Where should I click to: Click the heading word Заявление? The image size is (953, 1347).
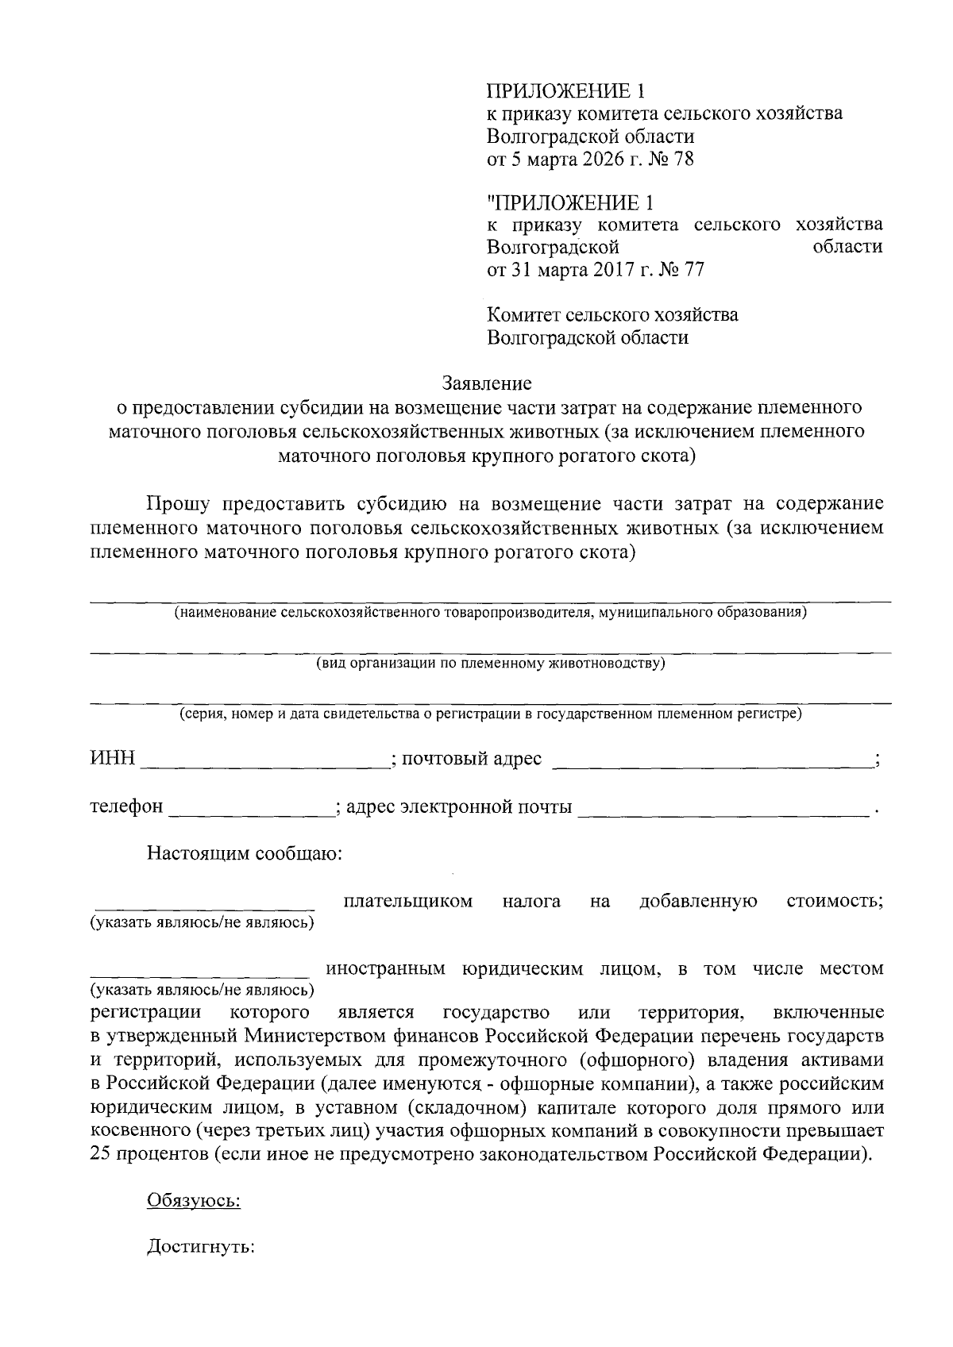[x=486, y=384]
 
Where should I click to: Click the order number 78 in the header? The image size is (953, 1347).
[x=683, y=160]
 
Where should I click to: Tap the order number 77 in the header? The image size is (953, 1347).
[x=693, y=271]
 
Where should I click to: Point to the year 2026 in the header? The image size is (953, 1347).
[x=604, y=160]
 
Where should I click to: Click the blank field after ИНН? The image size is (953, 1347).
[x=265, y=760]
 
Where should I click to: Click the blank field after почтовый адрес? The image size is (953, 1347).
[x=711, y=760]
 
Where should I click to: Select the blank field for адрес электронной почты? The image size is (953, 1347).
[x=722, y=808]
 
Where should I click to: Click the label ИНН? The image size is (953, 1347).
[x=112, y=759]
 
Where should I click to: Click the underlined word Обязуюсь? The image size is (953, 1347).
[x=194, y=1201]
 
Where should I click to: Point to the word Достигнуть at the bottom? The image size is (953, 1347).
[x=200, y=1248]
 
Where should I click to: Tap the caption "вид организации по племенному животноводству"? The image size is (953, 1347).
[x=490, y=664]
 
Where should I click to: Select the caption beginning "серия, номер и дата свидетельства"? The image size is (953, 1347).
[x=490, y=714]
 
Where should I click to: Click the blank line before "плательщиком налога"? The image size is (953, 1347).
[x=204, y=903]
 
